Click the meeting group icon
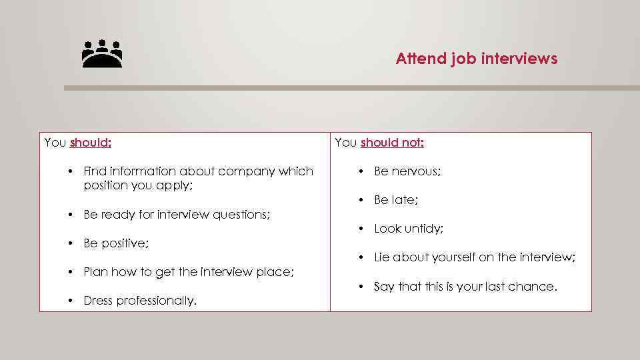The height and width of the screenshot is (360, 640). coord(102,55)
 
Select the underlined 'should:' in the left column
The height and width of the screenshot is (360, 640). coord(91,142)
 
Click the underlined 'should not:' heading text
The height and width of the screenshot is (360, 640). coord(393,142)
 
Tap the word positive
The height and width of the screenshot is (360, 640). coord(125,243)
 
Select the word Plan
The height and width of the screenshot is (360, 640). coord(95,272)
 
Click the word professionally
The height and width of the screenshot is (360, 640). coord(157,301)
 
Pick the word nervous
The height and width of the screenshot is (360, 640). coord(416,171)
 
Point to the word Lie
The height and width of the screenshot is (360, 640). coord(382,257)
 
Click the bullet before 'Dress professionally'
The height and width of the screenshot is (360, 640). coord(70,301)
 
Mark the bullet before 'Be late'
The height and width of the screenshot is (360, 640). coord(361,200)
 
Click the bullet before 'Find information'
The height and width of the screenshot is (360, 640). coord(70,171)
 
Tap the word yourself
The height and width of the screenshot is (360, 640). coord(455,257)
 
